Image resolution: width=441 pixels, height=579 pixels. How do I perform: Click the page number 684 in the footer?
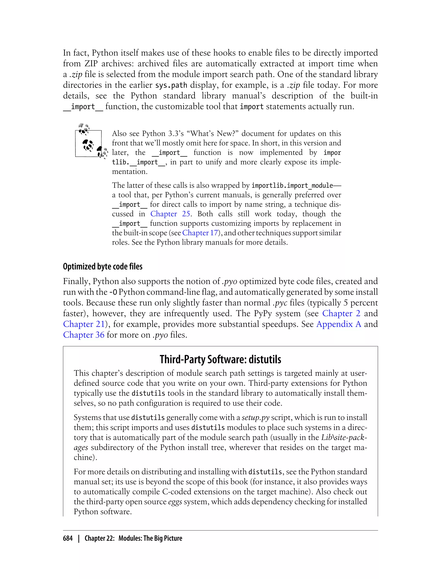click(x=68, y=538)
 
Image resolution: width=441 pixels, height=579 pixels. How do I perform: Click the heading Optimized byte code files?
click(x=103, y=266)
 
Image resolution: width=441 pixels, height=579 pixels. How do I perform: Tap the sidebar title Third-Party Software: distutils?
click(x=220, y=359)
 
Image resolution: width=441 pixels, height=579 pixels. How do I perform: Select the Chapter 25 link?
click(x=170, y=214)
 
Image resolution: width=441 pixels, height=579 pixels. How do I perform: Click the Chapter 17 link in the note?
click(x=200, y=233)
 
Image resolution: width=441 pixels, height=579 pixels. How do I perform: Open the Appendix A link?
click(x=339, y=324)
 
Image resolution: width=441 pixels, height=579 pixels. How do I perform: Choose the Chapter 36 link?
click(x=84, y=335)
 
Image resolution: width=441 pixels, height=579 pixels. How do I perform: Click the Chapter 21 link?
click(x=84, y=324)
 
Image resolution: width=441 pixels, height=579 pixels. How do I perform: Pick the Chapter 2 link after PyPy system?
click(x=341, y=313)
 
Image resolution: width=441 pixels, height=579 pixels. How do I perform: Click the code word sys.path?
click(x=171, y=85)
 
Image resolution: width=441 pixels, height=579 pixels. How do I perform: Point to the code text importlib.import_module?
click(x=292, y=185)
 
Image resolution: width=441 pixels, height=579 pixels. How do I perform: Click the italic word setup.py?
click(x=255, y=417)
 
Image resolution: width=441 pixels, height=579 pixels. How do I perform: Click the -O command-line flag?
click(x=113, y=292)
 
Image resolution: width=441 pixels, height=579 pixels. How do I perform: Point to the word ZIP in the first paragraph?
click(x=91, y=64)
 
